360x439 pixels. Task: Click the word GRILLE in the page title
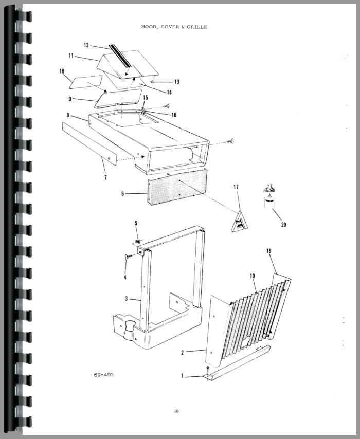(x=197, y=27)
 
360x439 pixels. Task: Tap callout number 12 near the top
(x=86, y=45)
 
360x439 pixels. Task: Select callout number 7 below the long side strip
(x=105, y=177)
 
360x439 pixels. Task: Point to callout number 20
(x=283, y=225)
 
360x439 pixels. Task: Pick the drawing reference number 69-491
(x=103, y=375)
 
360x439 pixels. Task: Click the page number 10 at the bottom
(x=176, y=411)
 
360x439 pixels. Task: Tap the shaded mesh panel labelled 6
(x=177, y=187)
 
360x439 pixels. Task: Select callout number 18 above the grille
(x=269, y=251)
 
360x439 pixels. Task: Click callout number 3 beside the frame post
(x=127, y=299)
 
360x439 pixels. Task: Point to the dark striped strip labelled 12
(x=120, y=56)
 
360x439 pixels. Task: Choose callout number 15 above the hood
(x=146, y=98)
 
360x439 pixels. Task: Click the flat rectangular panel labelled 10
(x=86, y=82)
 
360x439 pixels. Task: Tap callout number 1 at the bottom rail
(x=182, y=375)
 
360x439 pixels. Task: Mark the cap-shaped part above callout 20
(x=269, y=188)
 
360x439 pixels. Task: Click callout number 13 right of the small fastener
(x=177, y=82)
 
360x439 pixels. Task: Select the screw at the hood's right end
(x=232, y=141)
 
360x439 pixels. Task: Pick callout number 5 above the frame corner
(x=136, y=223)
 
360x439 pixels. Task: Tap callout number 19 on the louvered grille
(x=253, y=276)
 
